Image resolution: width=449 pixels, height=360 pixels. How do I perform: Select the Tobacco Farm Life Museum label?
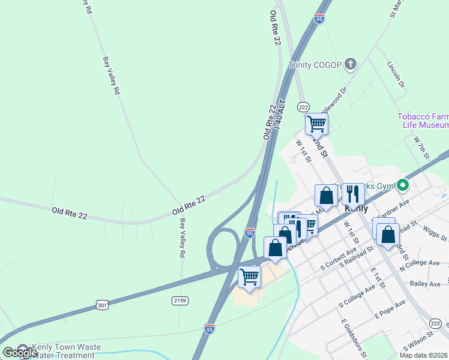pos(423,121)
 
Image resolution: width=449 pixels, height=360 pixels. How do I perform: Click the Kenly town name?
pos(356,208)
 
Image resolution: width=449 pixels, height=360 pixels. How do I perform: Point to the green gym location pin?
pos(403,185)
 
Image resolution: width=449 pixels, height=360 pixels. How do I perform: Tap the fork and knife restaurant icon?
pos(353,194)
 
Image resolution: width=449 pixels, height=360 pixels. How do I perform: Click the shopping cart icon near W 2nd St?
pos(316,124)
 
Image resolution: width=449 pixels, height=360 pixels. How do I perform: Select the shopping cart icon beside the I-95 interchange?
pos(249,277)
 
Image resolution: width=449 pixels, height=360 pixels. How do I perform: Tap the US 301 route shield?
pos(103,306)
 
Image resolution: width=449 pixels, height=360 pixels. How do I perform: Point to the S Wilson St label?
pos(418,344)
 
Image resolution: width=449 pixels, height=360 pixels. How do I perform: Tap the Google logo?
pos(20,353)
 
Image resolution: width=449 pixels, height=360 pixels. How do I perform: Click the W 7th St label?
pos(423,148)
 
